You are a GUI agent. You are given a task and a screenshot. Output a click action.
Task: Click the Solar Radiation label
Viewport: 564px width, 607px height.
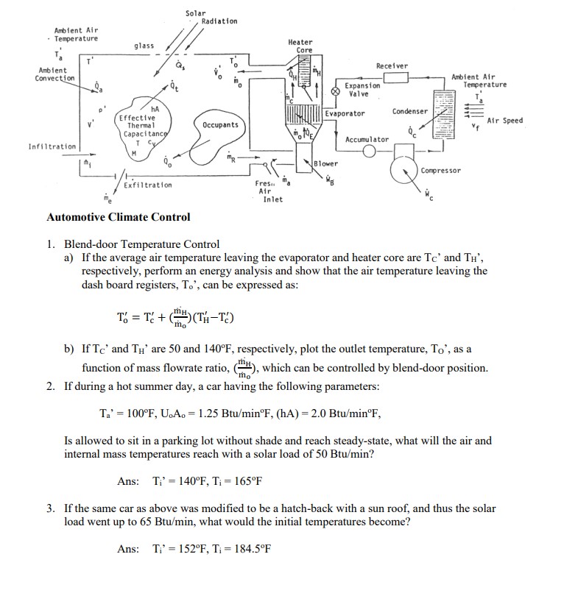(211, 17)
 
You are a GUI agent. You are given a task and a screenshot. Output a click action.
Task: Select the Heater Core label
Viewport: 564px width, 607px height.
(300, 46)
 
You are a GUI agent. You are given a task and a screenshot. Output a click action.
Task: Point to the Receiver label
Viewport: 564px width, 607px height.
(391, 65)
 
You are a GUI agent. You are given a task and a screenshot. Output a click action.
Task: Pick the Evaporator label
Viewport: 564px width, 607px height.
(345, 113)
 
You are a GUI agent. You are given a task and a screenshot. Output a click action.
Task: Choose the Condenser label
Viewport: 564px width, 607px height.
(409, 112)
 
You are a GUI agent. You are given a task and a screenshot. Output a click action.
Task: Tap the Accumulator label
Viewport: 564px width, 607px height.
(367, 139)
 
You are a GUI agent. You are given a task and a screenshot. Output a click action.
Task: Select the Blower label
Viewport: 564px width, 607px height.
(326, 163)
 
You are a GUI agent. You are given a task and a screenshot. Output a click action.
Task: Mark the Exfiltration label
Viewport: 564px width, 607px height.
(147, 185)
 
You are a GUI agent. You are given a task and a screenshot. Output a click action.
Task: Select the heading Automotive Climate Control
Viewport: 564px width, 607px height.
(118, 217)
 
